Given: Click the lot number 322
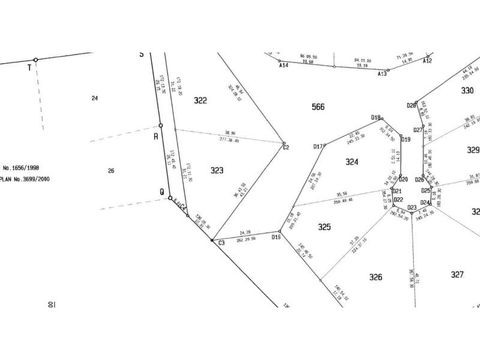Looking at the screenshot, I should [200, 101].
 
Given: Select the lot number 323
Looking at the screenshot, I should [217, 171].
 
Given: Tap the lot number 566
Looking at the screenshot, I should [319, 107].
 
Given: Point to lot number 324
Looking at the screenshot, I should [352, 163].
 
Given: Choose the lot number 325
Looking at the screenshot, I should [325, 227].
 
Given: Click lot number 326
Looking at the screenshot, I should [376, 277].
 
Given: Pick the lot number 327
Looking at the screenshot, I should [457, 274].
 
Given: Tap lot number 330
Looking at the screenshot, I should [467, 91].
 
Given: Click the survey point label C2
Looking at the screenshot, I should [286, 148].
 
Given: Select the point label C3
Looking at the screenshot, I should [221, 243].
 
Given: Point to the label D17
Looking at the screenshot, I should [319, 146].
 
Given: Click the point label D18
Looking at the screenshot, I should [376, 117].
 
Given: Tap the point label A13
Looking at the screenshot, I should [382, 74].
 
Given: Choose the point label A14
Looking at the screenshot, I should [284, 65].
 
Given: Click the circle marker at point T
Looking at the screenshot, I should [35, 59].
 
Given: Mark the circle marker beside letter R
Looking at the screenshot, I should [161, 125].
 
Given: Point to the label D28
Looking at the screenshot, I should [411, 106].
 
